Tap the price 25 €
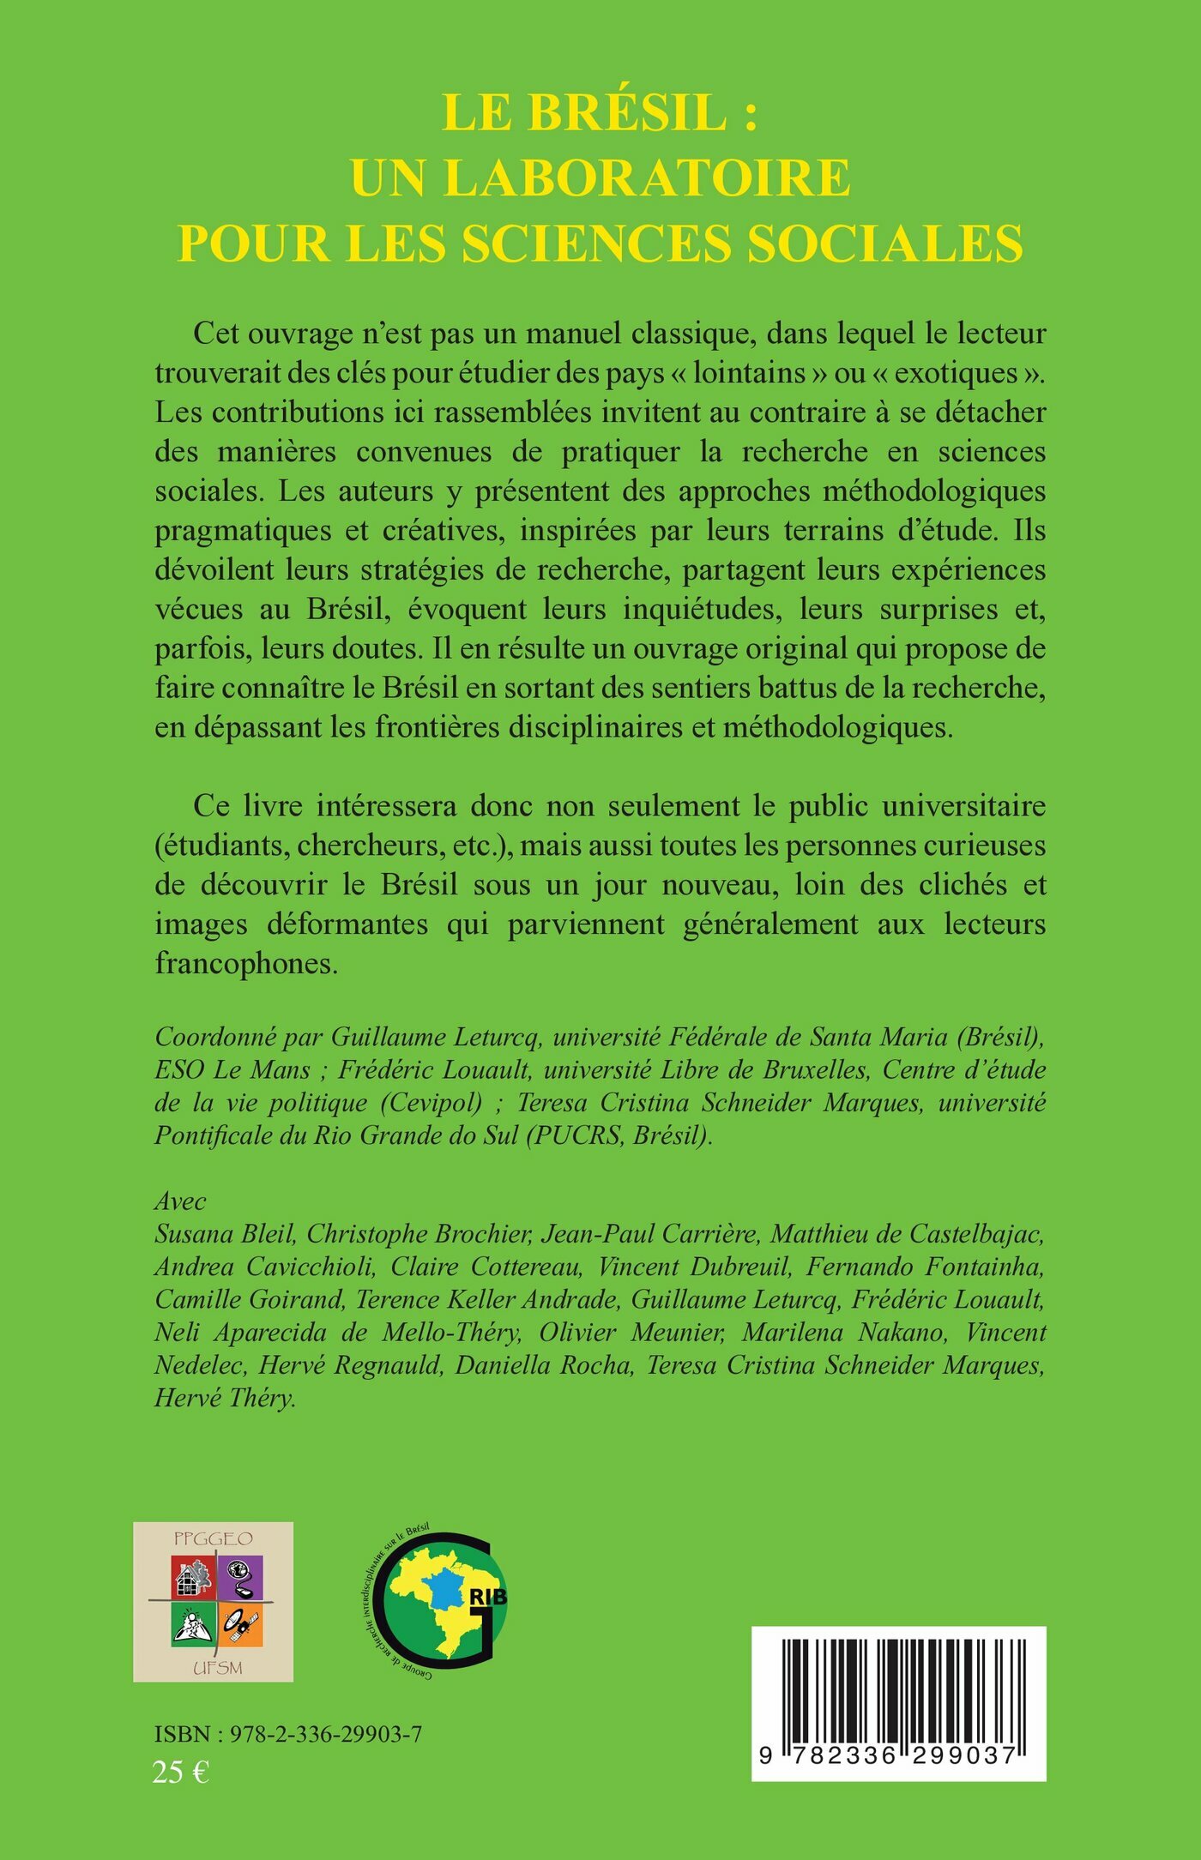(x=181, y=1771)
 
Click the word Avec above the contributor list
(x=180, y=1201)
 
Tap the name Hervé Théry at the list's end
(x=225, y=1398)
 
